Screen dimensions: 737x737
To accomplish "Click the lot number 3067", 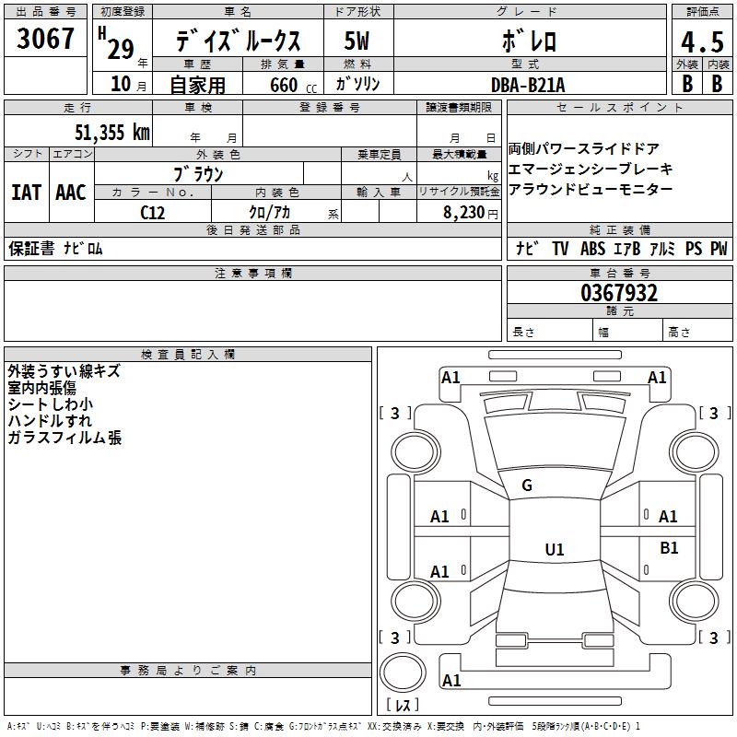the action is click(x=45, y=39).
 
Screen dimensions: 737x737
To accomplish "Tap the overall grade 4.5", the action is click(x=702, y=41).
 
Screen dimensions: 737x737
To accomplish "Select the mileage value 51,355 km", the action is click(x=112, y=132).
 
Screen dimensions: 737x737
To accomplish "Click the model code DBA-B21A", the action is click(x=528, y=85).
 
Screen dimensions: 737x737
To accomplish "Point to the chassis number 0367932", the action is click(x=619, y=293).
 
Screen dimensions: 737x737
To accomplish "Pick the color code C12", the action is click(x=152, y=213).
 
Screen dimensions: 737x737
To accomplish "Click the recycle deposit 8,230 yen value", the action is click(x=470, y=213).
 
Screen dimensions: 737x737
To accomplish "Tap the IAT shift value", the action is click(x=26, y=193).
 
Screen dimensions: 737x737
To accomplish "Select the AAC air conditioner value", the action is click(x=71, y=193).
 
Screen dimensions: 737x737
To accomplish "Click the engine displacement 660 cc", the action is click(x=293, y=85).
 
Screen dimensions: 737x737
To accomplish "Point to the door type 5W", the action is click(x=357, y=41).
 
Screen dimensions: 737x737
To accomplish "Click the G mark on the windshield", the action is click(x=527, y=485).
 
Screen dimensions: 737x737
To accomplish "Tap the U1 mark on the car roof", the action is click(x=555, y=549).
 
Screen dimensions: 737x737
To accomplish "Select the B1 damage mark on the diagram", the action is click(x=669, y=548).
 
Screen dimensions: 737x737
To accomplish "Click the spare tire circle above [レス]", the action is click(x=403, y=673).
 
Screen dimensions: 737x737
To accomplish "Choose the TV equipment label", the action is click(x=560, y=248).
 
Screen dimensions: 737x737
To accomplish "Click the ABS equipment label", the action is click(x=592, y=248).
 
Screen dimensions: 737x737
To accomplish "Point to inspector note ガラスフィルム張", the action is click(x=64, y=438).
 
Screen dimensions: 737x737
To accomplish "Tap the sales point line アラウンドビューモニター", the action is click(x=591, y=189).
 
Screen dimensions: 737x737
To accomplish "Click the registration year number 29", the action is click(x=121, y=49).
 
